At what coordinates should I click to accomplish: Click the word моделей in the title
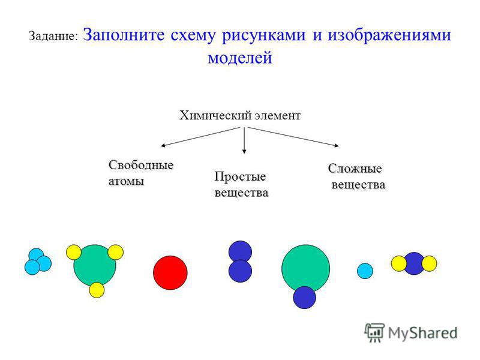tap(240, 57)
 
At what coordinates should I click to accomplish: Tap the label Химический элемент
tap(239, 116)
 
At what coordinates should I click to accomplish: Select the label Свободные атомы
tap(141, 173)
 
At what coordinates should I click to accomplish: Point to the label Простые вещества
tap(242, 185)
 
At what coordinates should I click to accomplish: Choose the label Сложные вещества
tap(357, 176)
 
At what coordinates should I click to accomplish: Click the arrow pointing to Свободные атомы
tap(200, 137)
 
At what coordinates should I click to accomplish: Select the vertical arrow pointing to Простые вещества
tap(244, 140)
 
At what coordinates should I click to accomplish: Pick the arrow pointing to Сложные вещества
tap(293, 137)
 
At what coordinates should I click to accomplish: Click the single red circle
tap(170, 273)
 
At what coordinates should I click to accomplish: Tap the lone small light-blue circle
tap(365, 271)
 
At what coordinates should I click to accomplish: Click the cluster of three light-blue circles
tap(38, 262)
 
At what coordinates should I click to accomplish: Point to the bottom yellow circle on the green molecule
tap(97, 290)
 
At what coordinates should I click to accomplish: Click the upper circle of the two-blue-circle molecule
tap(241, 251)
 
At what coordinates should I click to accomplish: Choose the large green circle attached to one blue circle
tap(305, 268)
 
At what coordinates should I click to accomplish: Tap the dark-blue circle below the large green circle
tap(304, 298)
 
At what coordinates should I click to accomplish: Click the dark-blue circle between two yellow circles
tap(414, 263)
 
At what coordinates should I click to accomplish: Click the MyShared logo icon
tap(374, 332)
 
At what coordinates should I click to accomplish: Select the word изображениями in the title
tap(389, 35)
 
